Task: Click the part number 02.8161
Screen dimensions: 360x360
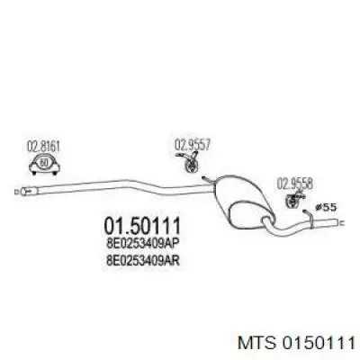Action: [x=44, y=148]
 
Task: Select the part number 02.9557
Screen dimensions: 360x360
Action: [x=193, y=145]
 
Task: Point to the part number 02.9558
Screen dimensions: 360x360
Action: [x=295, y=184]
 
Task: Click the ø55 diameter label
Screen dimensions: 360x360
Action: [x=326, y=207]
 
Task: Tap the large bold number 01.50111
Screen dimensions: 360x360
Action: [x=142, y=226]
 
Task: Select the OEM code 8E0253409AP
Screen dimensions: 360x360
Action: [x=143, y=243]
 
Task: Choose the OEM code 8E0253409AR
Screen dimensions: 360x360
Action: [x=143, y=260]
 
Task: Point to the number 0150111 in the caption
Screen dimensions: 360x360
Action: [x=318, y=343]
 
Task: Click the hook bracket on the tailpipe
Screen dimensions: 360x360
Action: [x=310, y=218]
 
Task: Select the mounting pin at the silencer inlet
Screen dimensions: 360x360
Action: [x=208, y=180]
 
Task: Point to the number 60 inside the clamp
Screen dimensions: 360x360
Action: [x=44, y=163]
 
